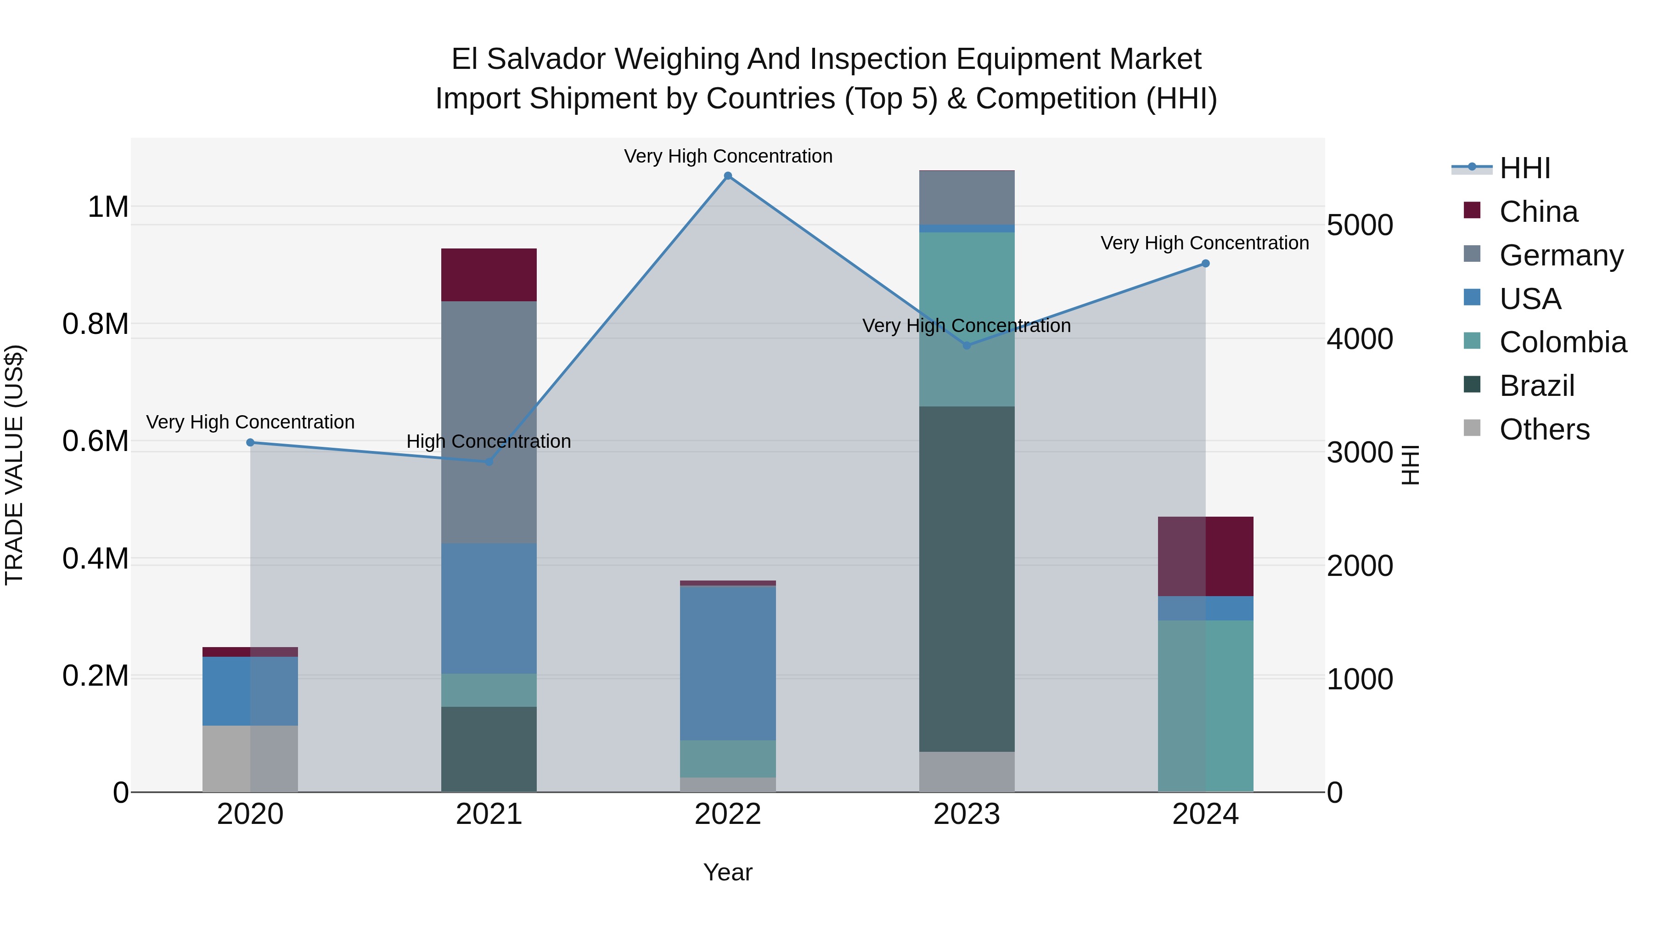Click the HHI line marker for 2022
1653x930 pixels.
728,176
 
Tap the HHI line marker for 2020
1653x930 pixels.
250,442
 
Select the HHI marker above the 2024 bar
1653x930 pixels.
1205,263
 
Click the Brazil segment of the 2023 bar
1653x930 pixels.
967,578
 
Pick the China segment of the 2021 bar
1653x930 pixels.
489,275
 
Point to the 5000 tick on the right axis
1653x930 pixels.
1359,225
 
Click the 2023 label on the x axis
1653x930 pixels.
967,814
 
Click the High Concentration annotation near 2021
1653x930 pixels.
489,441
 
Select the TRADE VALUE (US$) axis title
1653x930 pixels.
14,465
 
